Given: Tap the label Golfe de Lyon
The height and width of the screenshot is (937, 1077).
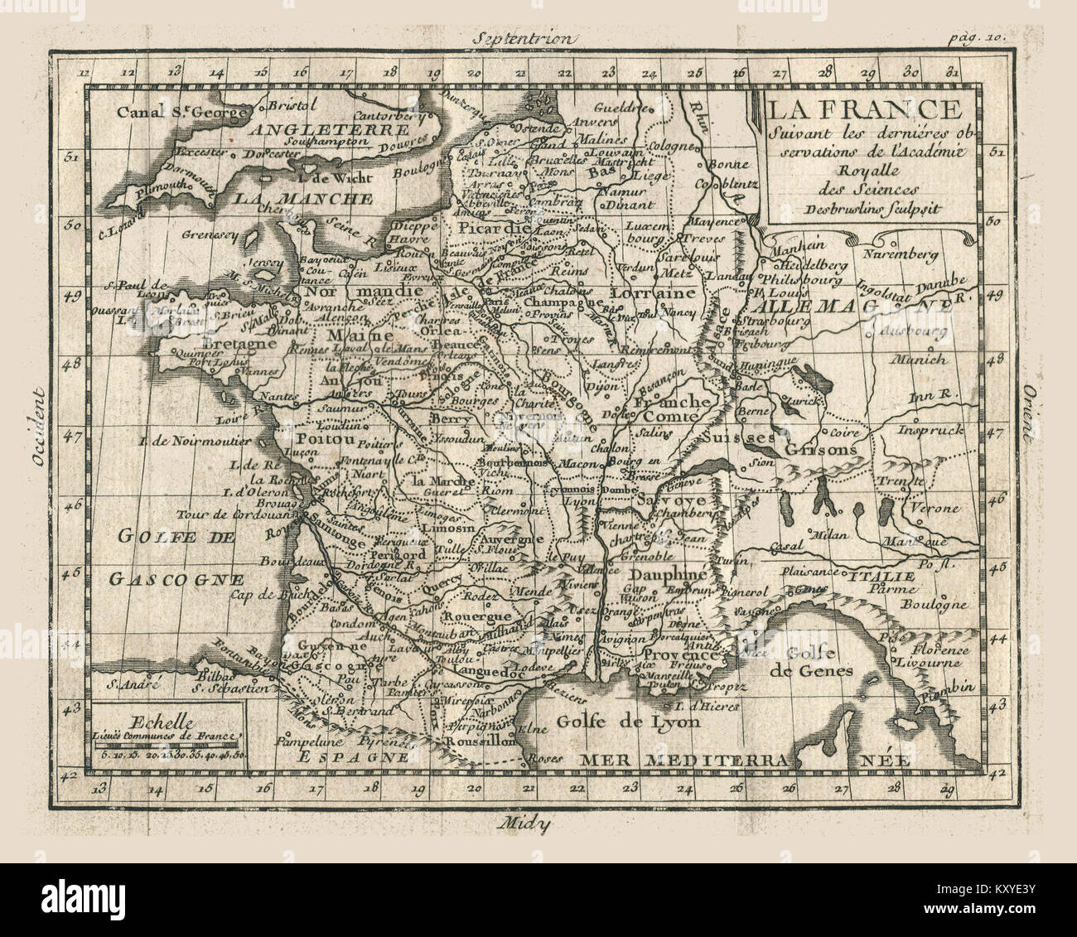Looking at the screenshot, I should point(630,721).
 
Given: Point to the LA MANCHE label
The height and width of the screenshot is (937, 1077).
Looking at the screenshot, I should point(302,199).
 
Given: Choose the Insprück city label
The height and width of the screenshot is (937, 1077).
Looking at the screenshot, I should point(930,430).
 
